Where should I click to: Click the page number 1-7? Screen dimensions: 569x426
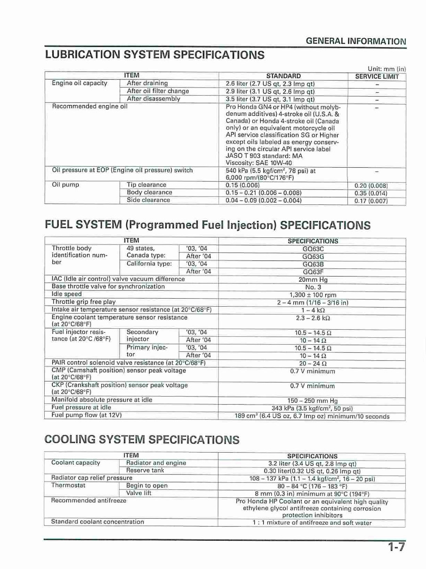point(396,547)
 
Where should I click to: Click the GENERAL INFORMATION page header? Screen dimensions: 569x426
point(355,41)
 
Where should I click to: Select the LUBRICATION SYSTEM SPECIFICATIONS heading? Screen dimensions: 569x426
point(154,55)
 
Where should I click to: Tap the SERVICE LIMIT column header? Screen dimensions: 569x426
point(377,76)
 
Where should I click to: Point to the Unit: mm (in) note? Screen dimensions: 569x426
point(386,69)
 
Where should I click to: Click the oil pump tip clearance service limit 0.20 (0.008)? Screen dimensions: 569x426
point(371,186)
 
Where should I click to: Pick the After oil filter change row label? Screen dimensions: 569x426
point(158,91)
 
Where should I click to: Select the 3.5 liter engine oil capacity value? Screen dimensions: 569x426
point(270,99)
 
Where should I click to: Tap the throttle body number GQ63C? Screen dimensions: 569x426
point(313,249)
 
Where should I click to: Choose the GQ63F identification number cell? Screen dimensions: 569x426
point(313,272)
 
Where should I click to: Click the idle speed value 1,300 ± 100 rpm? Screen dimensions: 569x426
point(313,295)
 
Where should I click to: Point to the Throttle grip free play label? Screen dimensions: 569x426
point(84,302)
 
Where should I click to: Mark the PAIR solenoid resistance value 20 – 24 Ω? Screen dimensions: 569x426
point(313,364)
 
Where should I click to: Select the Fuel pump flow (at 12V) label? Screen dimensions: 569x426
point(87,415)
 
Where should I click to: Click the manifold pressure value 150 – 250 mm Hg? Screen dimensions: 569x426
point(313,401)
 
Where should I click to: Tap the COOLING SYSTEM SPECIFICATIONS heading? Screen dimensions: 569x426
point(142,440)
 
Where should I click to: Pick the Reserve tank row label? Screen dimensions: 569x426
point(145,471)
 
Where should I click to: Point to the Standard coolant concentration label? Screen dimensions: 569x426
point(97,522)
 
